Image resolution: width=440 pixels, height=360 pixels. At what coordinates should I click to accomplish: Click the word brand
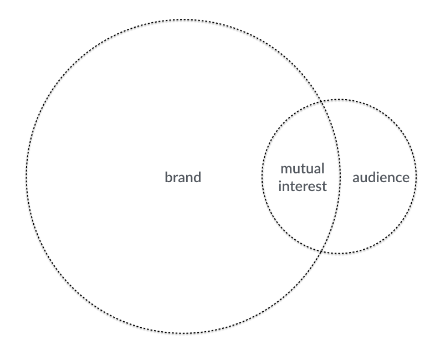[x=183, y=178]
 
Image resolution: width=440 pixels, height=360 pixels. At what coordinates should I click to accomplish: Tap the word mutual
[x=303, y=169]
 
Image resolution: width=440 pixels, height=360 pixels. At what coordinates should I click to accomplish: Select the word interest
[x=303, y=186]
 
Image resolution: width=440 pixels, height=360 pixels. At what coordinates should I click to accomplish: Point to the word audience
[x=381, y=178]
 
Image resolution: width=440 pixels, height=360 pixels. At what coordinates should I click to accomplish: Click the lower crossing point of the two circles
[x=323, y=251]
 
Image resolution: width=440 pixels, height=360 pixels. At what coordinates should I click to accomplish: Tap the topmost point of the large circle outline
[x=183, y=19]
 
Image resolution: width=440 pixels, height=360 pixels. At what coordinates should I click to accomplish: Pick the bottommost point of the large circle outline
[x=183, y=333]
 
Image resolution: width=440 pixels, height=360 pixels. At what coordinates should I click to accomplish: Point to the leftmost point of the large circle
[x=26, y=177]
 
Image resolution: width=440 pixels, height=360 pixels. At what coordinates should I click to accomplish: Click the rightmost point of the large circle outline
[x=340, y=177]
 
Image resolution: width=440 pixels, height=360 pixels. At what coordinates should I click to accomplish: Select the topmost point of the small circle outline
[x=339, y=99]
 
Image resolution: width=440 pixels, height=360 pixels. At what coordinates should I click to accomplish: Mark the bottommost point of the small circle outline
[x=339, y=254]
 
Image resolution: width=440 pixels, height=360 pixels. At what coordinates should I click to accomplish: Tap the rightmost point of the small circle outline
[x=416, y=177]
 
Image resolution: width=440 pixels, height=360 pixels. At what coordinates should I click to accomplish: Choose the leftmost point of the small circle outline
[x=262, y=177]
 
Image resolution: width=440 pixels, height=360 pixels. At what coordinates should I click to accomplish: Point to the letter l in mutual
[x=323, y=168]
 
